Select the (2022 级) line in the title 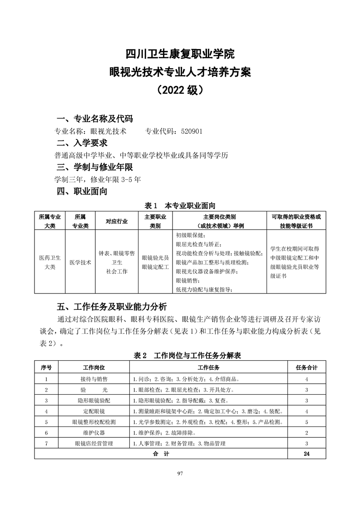180,89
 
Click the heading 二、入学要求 82,143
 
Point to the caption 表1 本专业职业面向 180,205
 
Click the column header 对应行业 117,221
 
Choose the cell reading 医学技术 80,262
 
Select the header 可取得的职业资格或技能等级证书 296,221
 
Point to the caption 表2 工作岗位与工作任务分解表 180,355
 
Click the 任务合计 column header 307,367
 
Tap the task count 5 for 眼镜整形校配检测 307,422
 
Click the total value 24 307,454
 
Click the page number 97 180,474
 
